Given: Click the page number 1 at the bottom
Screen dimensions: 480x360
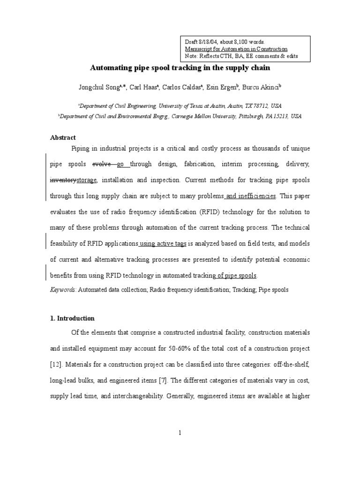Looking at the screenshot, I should click(x=180, y=433).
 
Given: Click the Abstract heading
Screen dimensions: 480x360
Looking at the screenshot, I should click(x=63, y=137).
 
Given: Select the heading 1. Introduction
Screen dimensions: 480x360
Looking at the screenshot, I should click(x=72, y=318).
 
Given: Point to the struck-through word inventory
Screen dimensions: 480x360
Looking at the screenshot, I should click(x=63, y=180).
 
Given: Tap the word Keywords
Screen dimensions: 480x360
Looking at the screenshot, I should click(x=63, y=290).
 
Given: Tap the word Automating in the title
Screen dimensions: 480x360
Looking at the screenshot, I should click(x=109, y=68).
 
